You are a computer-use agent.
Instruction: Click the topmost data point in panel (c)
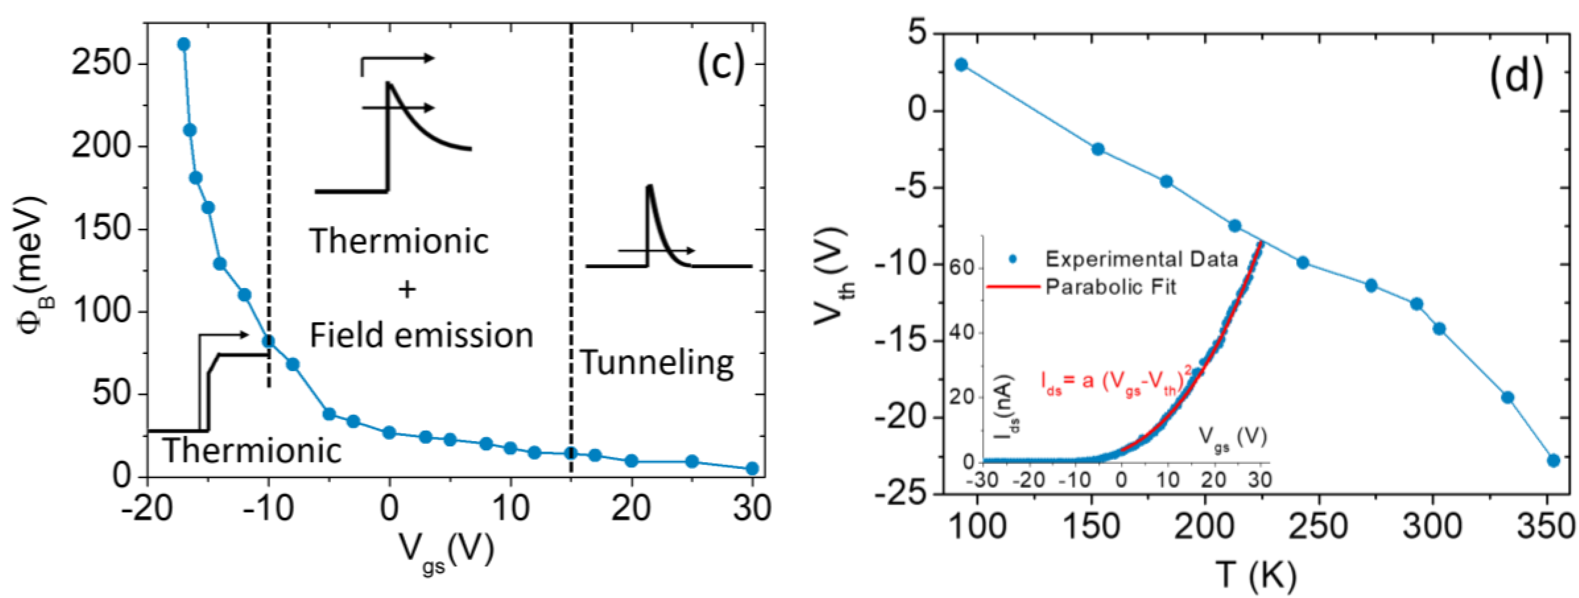[183, 44]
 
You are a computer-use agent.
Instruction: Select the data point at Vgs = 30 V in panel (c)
[752, 469]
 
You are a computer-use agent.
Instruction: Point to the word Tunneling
[657, 363]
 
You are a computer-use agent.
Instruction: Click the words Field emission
[421, 336]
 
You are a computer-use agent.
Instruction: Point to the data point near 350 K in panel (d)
[1553, 461]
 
